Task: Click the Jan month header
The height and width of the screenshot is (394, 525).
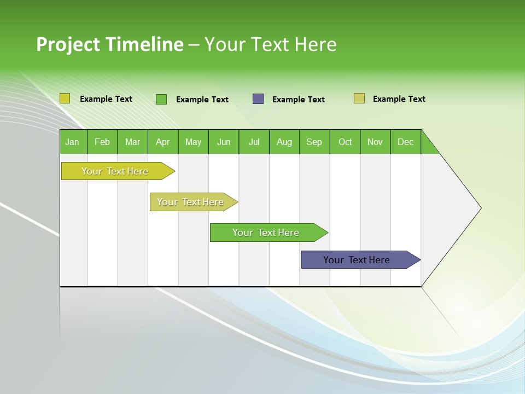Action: tap(72, 142)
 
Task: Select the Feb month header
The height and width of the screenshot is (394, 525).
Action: tap(102, 142)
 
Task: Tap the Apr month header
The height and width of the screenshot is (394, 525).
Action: tap(162, 142)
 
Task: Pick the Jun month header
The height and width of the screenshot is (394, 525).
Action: tap(223, 142)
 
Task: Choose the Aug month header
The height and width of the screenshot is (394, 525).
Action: tap(284, 142)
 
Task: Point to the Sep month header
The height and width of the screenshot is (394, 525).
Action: tap(314, 142)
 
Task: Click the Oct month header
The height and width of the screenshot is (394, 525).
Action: tap(345, 142)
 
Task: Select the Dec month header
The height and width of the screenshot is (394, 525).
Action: tap(405, 142)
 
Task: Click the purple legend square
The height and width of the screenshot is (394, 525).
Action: tap(258, 99)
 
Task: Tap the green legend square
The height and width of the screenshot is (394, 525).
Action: tap(161, 99)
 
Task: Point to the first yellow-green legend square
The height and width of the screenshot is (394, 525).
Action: tap(65, 99)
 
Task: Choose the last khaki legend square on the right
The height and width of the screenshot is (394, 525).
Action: tap(359, 99)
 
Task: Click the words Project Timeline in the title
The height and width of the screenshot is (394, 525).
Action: tap(109, 44)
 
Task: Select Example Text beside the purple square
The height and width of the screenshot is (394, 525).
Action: tap(298, 100)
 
